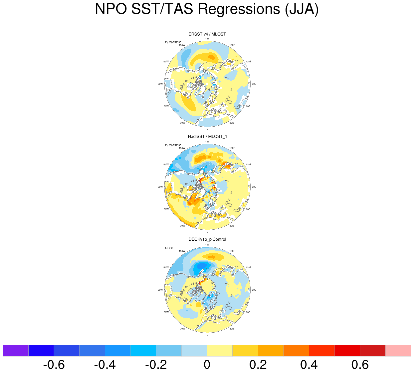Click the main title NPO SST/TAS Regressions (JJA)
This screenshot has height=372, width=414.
[x=207, y=9]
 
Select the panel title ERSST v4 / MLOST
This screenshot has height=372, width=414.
[x=207, y=34]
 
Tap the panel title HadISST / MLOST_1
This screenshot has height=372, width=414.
[x=207, y=137]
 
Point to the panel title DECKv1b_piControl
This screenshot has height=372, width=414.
[x=207, y=239]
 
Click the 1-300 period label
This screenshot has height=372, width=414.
[x=169, y=248]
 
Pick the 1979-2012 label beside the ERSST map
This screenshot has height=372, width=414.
[x=172, y=42]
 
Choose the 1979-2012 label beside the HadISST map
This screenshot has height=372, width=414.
[x=172, y=145]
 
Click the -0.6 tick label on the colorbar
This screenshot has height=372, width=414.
[x=54, y=365]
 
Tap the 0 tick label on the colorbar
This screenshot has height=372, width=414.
[x=207, y=365]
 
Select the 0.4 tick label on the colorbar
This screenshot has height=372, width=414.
[x=309, y=365]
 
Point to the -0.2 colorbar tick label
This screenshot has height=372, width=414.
[x=156, y=365]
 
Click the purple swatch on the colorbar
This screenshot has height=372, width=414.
[x=16, y=351]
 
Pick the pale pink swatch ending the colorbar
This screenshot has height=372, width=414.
[x=398, y=351]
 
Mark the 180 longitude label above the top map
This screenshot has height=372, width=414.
[x=207, y=39]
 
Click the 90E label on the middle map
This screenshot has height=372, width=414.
[x=254, y=187]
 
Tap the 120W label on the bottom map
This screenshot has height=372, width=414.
[x=166, y=268]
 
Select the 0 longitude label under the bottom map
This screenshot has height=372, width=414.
[x=207, y=335]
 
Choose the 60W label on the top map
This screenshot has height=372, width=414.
[x=166, y=107]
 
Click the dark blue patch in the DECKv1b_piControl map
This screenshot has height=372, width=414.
[x=202, y=266]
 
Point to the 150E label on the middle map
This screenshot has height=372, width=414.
[x=232, y=148]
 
